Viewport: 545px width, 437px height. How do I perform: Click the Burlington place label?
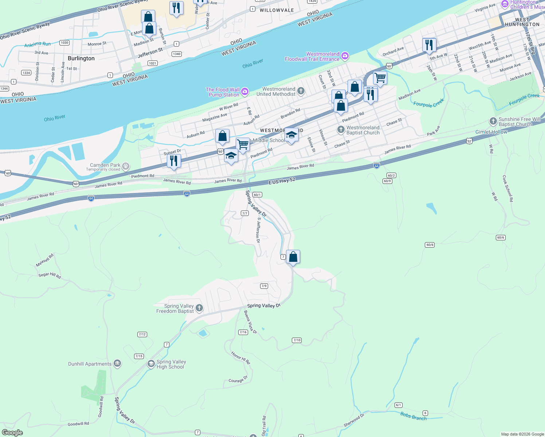[81, 58]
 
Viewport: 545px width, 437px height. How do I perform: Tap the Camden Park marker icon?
[126, 167]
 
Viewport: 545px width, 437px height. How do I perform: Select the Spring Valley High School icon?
[151, 364]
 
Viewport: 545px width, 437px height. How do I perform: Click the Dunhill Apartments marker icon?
[117, 364]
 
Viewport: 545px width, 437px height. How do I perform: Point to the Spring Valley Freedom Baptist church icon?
[199, 308]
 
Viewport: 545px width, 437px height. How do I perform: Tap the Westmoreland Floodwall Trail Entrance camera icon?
[345, 56]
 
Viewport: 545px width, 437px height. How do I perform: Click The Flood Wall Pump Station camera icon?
[245, 92]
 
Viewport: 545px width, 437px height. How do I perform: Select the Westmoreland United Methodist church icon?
[301, 91]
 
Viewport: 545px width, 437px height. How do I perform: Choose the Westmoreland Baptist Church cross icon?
[341, 130]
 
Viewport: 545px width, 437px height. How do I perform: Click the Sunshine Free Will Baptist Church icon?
[493, 121]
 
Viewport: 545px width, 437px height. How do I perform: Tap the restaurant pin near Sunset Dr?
[174, 161]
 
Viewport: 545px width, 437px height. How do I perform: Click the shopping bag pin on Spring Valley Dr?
[293, 257]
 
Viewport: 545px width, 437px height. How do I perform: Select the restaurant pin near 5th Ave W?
[429, 45]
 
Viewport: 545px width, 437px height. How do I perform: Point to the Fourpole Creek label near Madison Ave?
[429, 103]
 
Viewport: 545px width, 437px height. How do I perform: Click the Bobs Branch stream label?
[413, 416]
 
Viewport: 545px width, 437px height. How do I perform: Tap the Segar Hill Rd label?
[50, 275]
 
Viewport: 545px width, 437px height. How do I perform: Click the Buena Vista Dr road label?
[250, 322]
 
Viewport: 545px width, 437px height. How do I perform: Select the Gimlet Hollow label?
[491, 132]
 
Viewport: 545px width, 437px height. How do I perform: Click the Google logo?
[12, 433]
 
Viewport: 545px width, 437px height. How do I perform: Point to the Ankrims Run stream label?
[38, 44]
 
